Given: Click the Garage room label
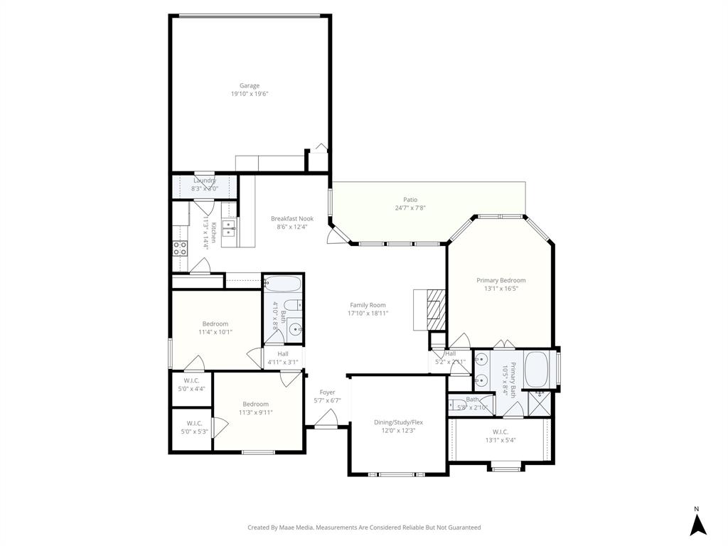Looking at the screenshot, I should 249,86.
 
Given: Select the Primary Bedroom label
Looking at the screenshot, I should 500,280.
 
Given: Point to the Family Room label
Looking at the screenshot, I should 368,305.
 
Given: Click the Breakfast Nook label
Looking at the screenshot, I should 291,219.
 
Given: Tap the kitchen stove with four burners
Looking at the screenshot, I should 180,248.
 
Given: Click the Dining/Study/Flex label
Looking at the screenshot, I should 398,422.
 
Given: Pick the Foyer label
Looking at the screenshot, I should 327,392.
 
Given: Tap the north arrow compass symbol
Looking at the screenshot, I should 698,525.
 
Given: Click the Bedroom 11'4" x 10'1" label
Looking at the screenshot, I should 215,323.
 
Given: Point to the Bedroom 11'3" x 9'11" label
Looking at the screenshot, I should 255,404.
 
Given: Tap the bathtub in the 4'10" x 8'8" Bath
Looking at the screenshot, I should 283,285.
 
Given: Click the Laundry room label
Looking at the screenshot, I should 205,181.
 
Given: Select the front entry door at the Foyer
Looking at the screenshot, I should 326,425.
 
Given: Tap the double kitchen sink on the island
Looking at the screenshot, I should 229,229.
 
